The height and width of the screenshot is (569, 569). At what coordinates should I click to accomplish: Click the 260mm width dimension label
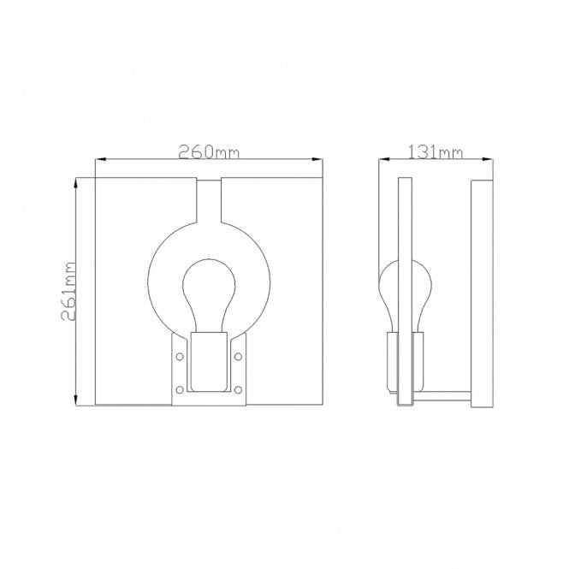pos(208,152)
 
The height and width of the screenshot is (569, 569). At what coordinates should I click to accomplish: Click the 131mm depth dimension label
pos(436,152)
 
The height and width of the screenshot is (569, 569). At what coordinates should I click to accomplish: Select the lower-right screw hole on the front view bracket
pos(239,390)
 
